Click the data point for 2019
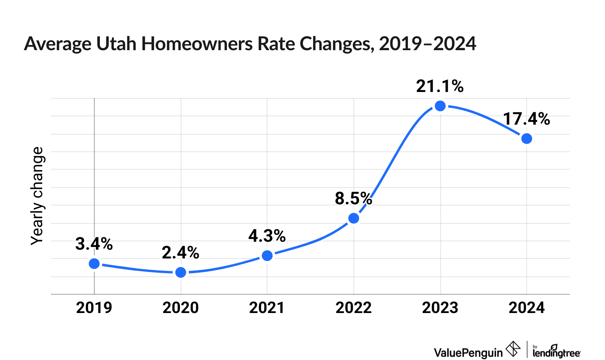click(94, 264)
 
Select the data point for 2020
click(181, 272)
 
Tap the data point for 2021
click(267, 256)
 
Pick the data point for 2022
click(353, 218)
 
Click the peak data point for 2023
click(440, 106)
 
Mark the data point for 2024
click(527, 139)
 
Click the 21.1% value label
click(440, 86)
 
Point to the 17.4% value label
click(526, 119)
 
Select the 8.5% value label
click(353, 198)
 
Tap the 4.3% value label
click(267, 236)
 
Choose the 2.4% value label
click(180, 253)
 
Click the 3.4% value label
click(94, 244)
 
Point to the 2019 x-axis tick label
click(94, 308)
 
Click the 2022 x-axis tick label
click(353, 308)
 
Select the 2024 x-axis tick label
click(527, 308)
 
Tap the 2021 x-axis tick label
click(267, 308)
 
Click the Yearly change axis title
click(37, 196)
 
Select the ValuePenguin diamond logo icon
click(513, 349)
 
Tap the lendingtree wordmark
click(556, 352)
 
